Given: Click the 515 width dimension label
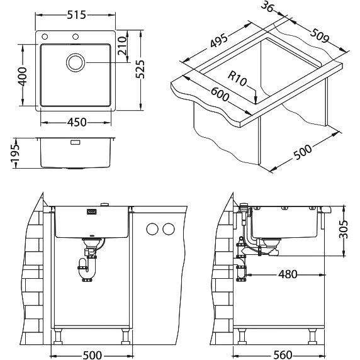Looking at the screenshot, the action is point(76,15).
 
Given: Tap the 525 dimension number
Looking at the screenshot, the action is point(140,69).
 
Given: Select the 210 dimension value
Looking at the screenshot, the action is point(122,46).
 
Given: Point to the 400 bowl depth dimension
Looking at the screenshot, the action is point(23,76).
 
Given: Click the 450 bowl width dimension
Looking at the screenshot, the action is point(77,122).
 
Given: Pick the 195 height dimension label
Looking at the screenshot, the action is point(16,153).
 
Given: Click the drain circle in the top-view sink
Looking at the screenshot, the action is point(76,62).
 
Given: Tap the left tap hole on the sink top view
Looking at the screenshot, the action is point(45,37).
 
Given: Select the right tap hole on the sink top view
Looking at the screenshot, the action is point(76,37).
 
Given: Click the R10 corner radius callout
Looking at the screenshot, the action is point(237,78).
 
